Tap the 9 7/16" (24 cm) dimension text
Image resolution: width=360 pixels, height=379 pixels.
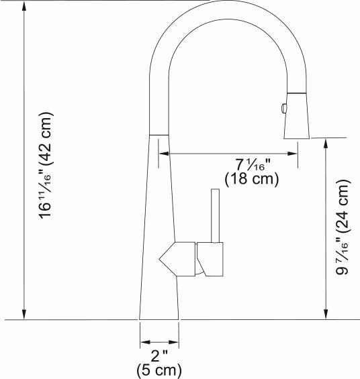tap(343, 227)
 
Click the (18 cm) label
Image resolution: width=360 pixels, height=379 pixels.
tap(251, 180)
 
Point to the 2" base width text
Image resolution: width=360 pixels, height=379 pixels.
tap(159, 356)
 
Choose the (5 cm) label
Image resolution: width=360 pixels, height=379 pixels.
tap(159, 370)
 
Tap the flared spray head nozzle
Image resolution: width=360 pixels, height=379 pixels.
tap(296, 125)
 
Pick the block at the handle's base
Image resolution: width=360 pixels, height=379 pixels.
tap(212, 260)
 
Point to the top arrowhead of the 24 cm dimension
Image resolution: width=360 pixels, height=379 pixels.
tap(326, 143)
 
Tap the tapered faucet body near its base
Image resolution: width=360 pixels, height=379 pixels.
tap(159, 295)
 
